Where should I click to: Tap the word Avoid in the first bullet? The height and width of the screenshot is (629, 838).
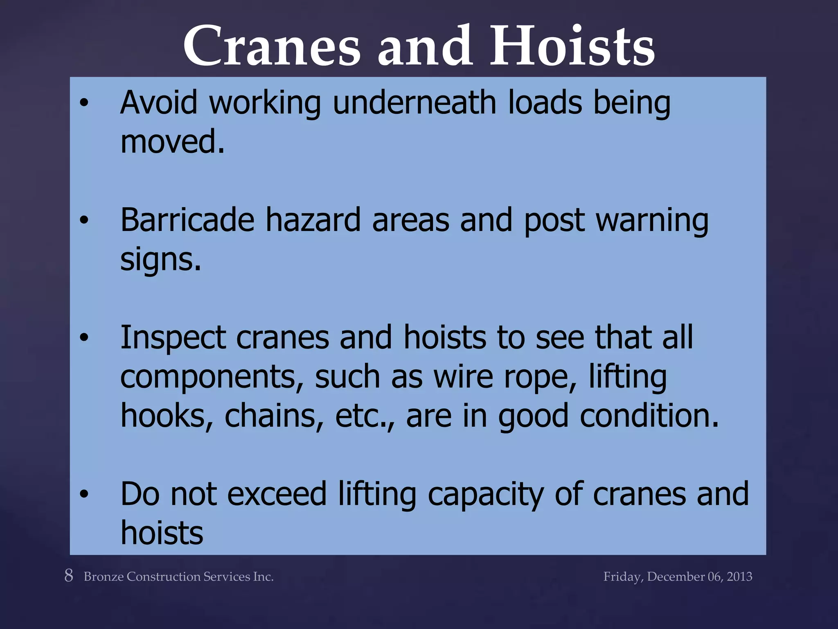pyautogui.click(x=159, y=102)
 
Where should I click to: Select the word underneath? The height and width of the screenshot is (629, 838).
pyautogui.click(x=414, y=102)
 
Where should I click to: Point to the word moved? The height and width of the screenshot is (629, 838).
pyautogui.click(x=172, y=141)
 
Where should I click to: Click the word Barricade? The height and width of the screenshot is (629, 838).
pyautogui.click(x=187, y=220)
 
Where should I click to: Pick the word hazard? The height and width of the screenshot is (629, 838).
pyautogui.click(x=313, y=220)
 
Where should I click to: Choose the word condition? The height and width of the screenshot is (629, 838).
pyautogui.click(x=649, y=416)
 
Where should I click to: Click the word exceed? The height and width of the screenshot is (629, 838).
pyautogui.click(x=277, y=494)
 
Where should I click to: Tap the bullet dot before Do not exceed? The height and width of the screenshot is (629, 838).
pyautogui.click(x=84, y=494)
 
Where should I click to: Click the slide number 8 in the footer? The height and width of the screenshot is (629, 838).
pyautogui.click(x=69, y=575)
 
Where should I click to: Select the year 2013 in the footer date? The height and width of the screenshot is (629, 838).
pyautogui.click(x=739, y=577)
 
